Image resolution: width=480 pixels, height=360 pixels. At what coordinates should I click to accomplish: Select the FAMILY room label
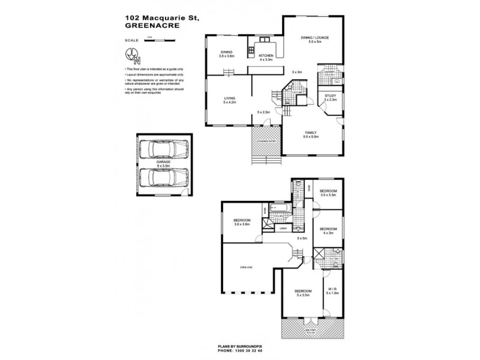(311, 133)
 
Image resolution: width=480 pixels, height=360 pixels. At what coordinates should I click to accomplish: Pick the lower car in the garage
(163, 178)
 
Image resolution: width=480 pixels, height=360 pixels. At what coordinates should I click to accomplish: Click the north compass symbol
(133, 55)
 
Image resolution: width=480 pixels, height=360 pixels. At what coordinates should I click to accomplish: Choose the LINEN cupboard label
(283, 228)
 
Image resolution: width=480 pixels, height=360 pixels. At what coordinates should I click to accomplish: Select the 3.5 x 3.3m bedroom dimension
(328, 196)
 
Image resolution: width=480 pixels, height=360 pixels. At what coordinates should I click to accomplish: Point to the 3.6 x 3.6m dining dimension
(227, 56)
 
